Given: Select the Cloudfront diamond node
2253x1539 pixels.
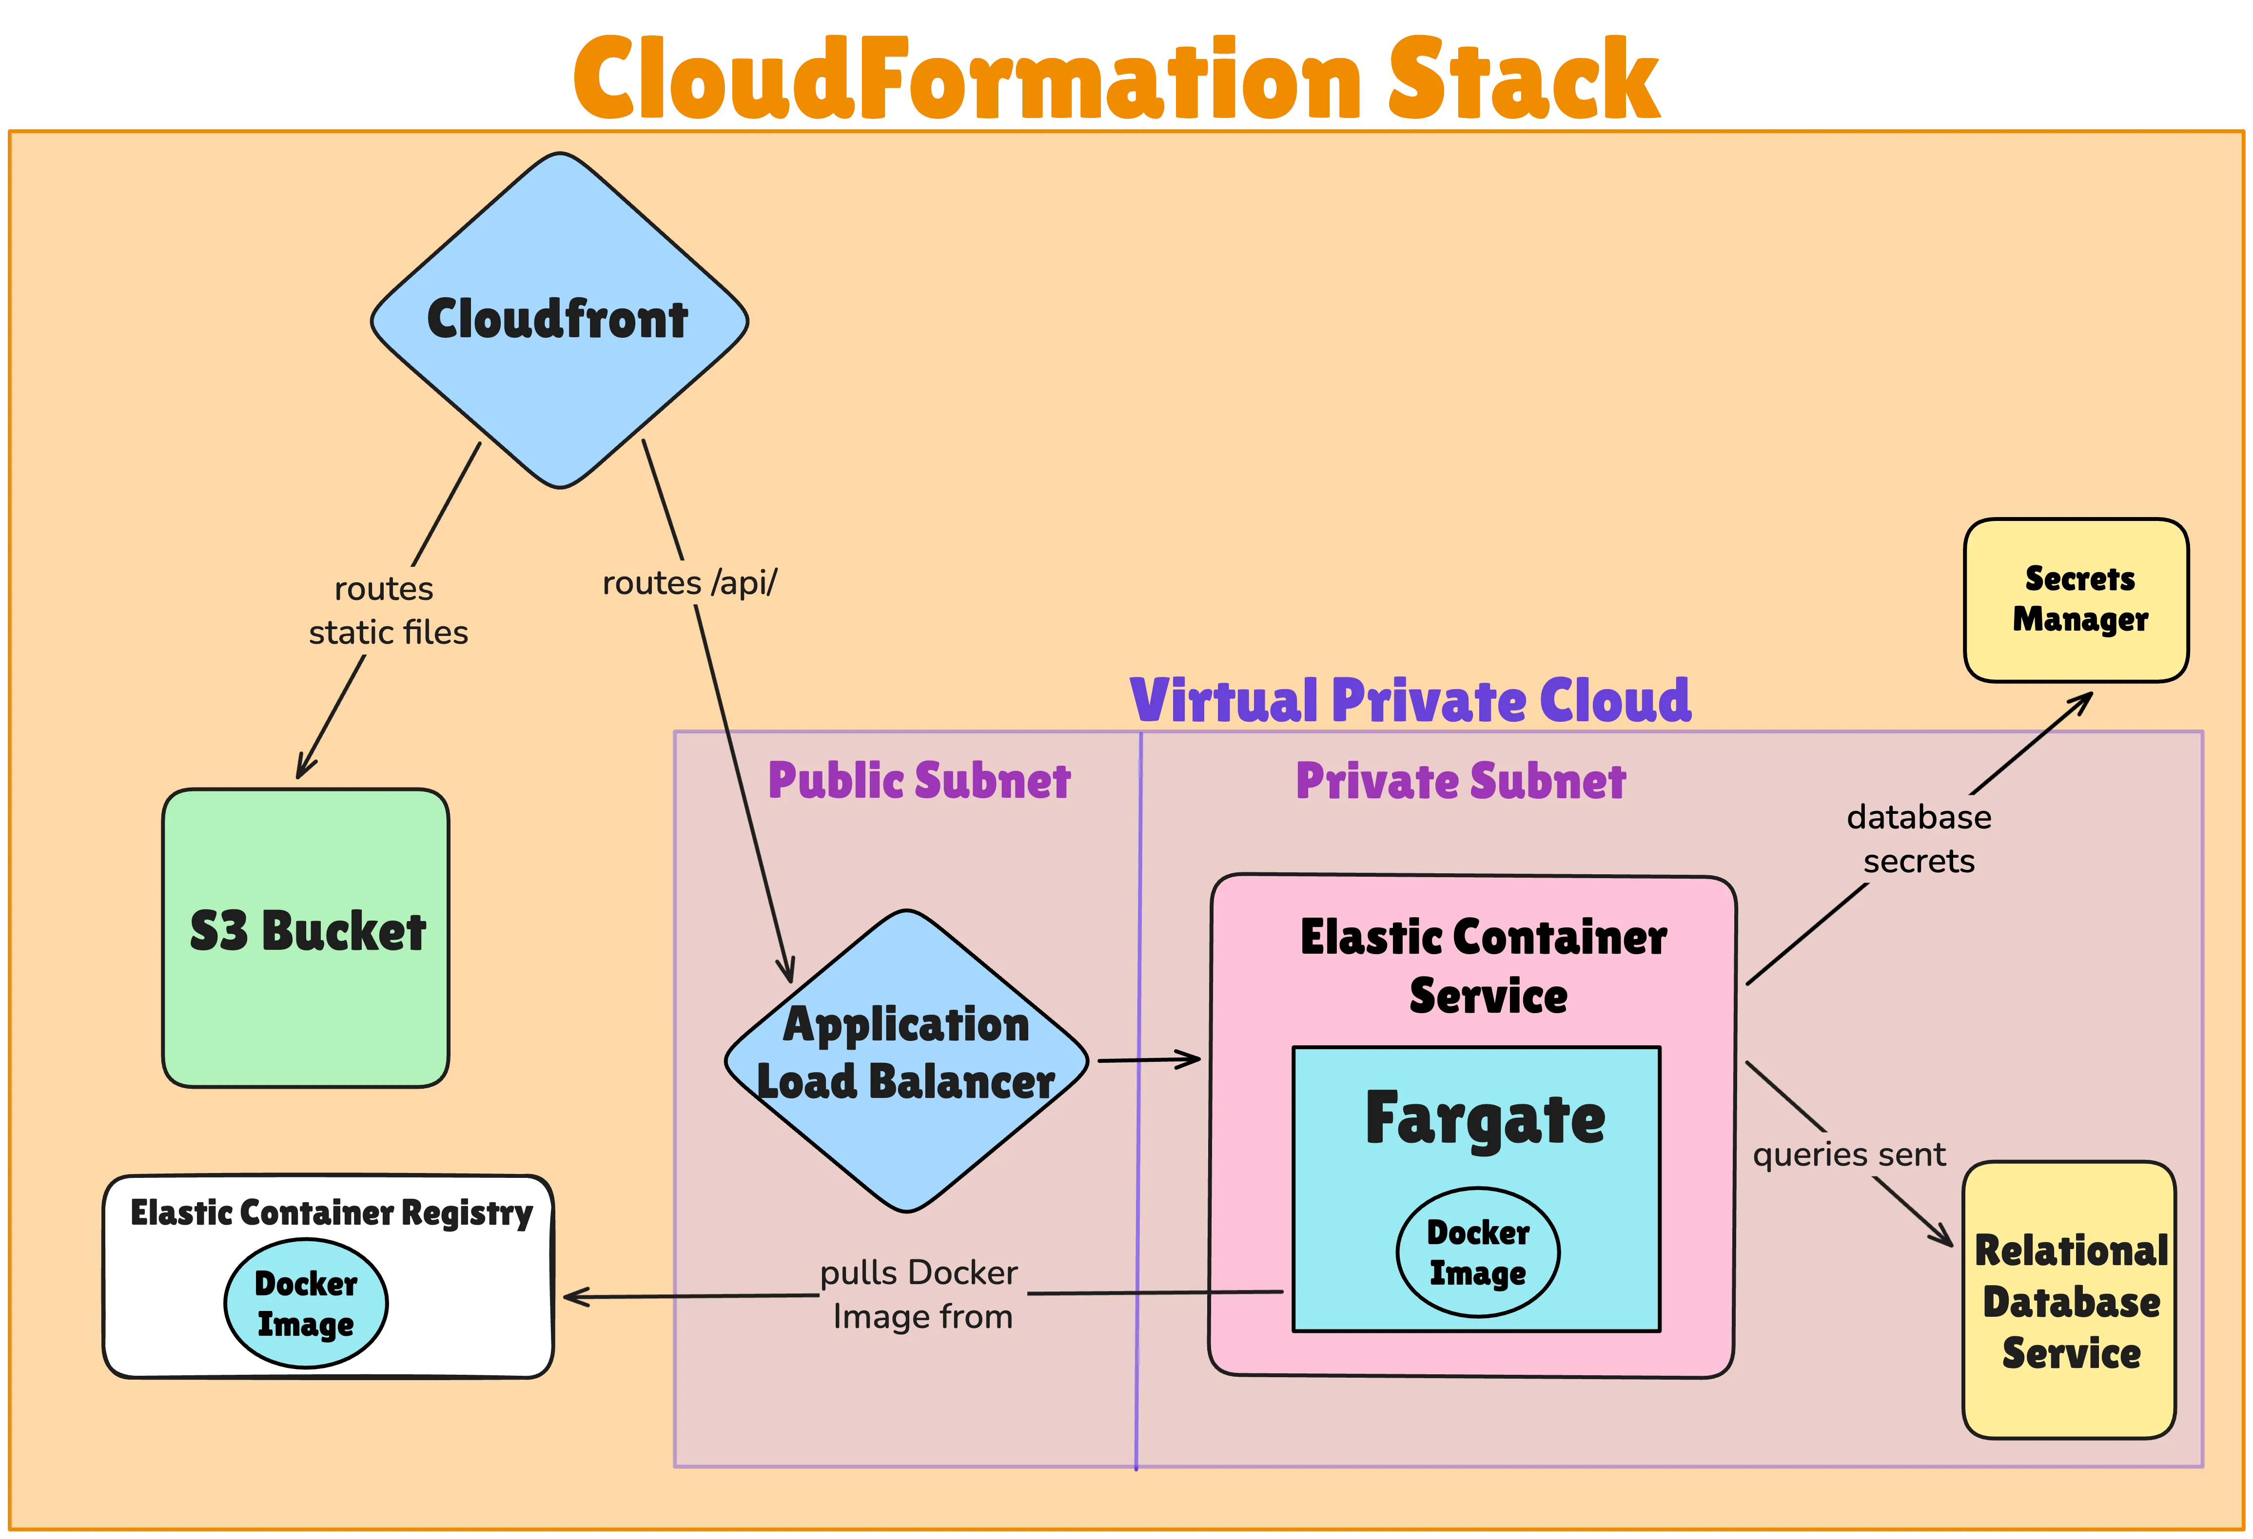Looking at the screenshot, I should [559, 320].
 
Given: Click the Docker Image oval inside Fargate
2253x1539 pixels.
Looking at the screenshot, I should [1477, 1252].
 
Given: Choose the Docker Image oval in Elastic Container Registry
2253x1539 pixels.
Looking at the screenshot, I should [306, 1304].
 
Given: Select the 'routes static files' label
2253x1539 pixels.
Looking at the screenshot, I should [388, 611].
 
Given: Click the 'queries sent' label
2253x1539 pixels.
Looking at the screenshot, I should [1849, 1154].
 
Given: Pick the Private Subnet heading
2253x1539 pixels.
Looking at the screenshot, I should [1460, 781].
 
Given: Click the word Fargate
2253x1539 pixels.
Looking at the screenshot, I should [1485, 1119].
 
